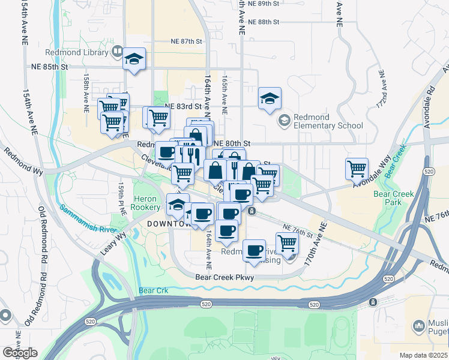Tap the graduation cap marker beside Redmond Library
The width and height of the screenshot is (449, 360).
[134, 59]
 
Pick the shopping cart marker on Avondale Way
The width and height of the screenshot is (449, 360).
[357, 169]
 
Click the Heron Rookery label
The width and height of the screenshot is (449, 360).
[146, 202]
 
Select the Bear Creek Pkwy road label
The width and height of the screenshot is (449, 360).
[225, 277]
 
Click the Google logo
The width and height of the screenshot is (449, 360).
[20, 353]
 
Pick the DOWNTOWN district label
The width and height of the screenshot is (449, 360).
[168, 224]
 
